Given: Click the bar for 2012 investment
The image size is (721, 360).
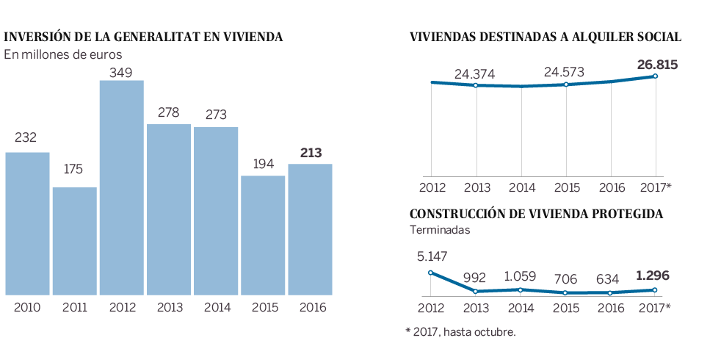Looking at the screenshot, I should point(121,188).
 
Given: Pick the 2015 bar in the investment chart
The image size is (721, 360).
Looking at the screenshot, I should point(263,235).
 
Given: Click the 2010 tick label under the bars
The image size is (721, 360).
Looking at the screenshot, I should point(27,307).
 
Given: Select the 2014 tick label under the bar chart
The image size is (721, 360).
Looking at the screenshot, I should point(216,307).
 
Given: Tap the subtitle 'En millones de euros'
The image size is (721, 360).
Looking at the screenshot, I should point(62,54).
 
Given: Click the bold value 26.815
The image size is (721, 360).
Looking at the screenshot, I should point(657,65).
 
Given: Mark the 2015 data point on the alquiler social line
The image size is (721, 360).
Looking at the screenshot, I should point(566,84).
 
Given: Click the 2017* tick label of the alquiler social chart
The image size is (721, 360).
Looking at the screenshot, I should point(656,187).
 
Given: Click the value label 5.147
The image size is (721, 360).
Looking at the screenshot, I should point(432,256).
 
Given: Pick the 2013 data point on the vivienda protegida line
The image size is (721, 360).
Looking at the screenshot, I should point(476,292).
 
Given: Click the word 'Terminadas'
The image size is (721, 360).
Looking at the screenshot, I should point(439,230).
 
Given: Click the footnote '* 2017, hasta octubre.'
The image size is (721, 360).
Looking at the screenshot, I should point(460,332).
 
